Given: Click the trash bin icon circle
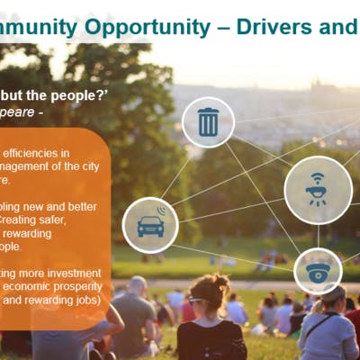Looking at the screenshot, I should (208, 121).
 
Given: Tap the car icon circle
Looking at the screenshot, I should (150, 224).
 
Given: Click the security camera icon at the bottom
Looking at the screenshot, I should (318, 271).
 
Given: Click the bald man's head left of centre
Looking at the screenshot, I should (137, 286).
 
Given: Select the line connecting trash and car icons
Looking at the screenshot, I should (179, 173).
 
